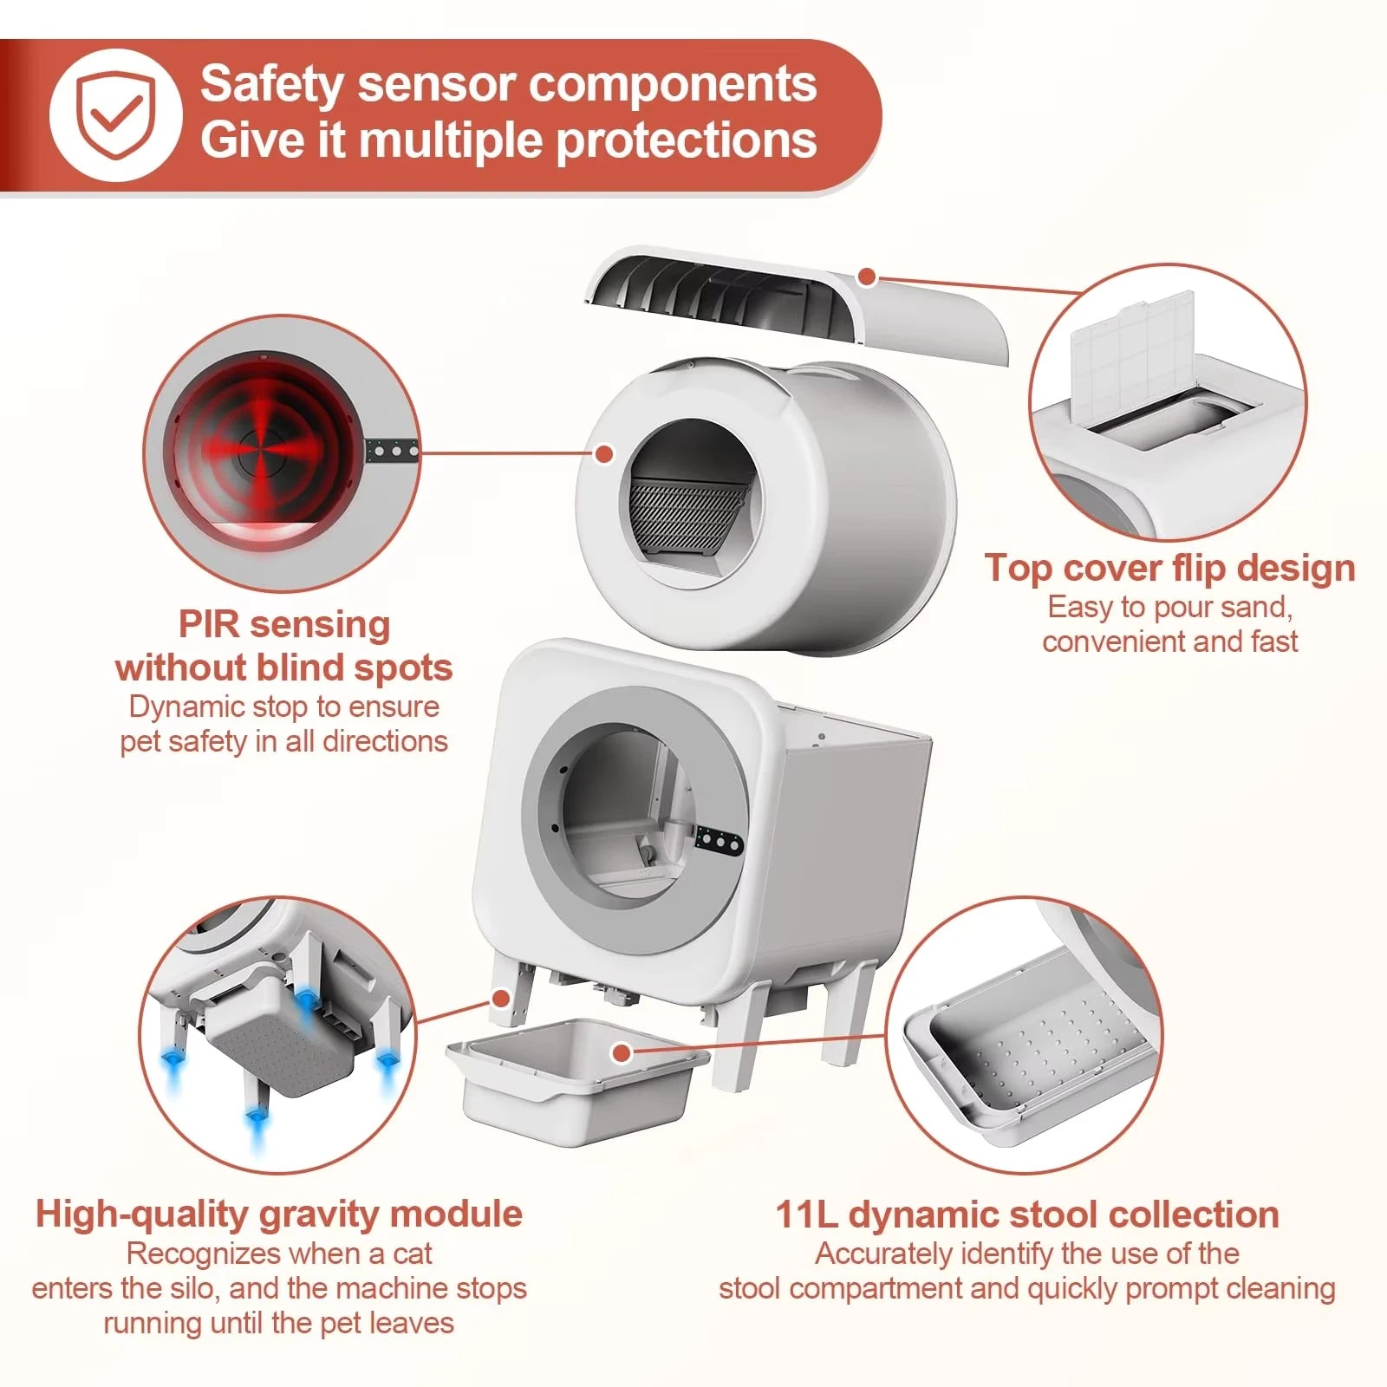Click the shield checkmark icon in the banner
pos(115,115)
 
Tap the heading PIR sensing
pos(283,624)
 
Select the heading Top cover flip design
pos(1169,569)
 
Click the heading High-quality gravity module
pos(279,1214)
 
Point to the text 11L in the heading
pos(805,1214)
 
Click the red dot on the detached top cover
pos(866,277)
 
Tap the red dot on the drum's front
pos(604,453)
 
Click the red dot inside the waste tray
pos(621,1053)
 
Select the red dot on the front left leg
pos(499,998)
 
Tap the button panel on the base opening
pos(719,839)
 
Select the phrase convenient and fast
pos(1169,641)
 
